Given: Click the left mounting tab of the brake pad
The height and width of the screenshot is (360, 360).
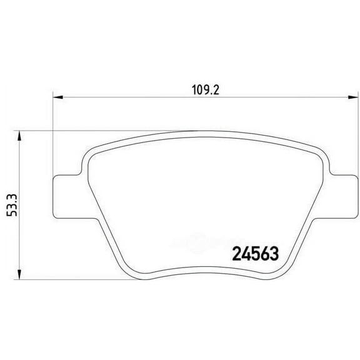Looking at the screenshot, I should pos(65,196).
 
